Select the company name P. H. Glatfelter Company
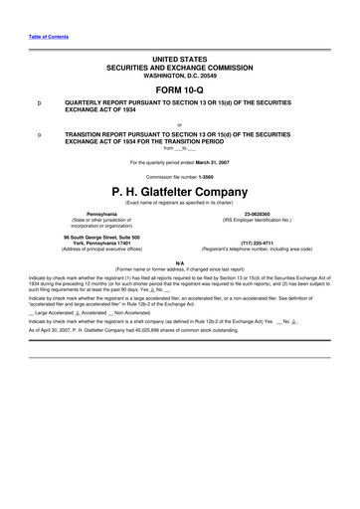(x=179, y=191)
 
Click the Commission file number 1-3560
(x=215, y=176)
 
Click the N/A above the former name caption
(x=179, y=260)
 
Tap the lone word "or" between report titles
(x=179, y=124)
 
